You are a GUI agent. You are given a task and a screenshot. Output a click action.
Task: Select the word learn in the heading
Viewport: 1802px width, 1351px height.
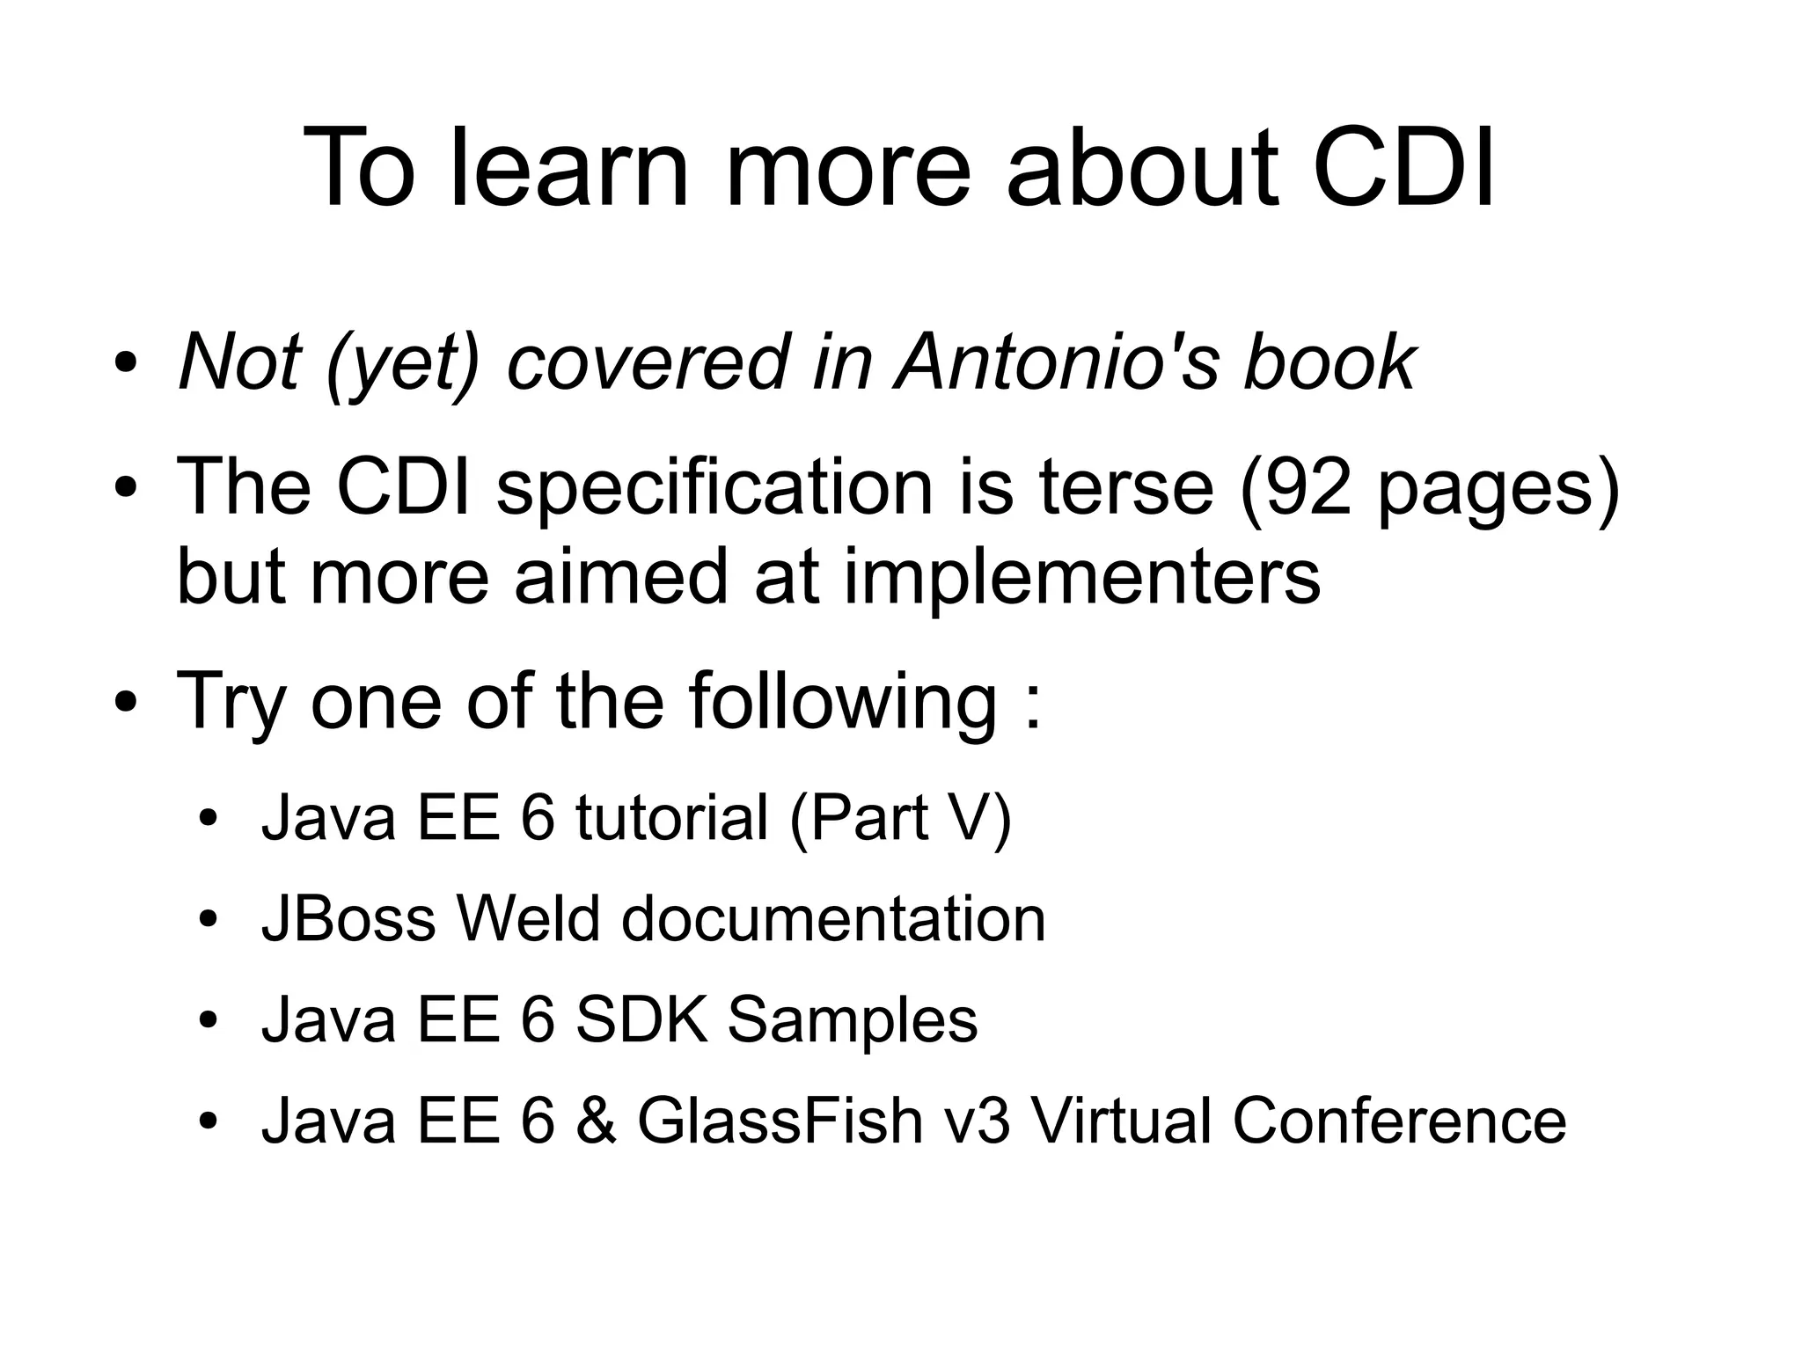568,167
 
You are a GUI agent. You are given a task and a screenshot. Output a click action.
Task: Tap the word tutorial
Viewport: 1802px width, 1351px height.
672,817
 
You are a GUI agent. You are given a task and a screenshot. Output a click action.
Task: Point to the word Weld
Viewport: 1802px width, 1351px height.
530,919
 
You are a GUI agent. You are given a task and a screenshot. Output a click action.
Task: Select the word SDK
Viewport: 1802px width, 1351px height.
641,1020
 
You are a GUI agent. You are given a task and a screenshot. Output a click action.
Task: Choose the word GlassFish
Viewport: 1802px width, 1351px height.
780,1121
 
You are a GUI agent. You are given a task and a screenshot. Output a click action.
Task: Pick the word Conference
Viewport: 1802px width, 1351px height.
1398,1121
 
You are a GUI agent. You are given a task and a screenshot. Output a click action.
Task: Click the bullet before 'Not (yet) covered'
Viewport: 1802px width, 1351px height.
126,363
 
